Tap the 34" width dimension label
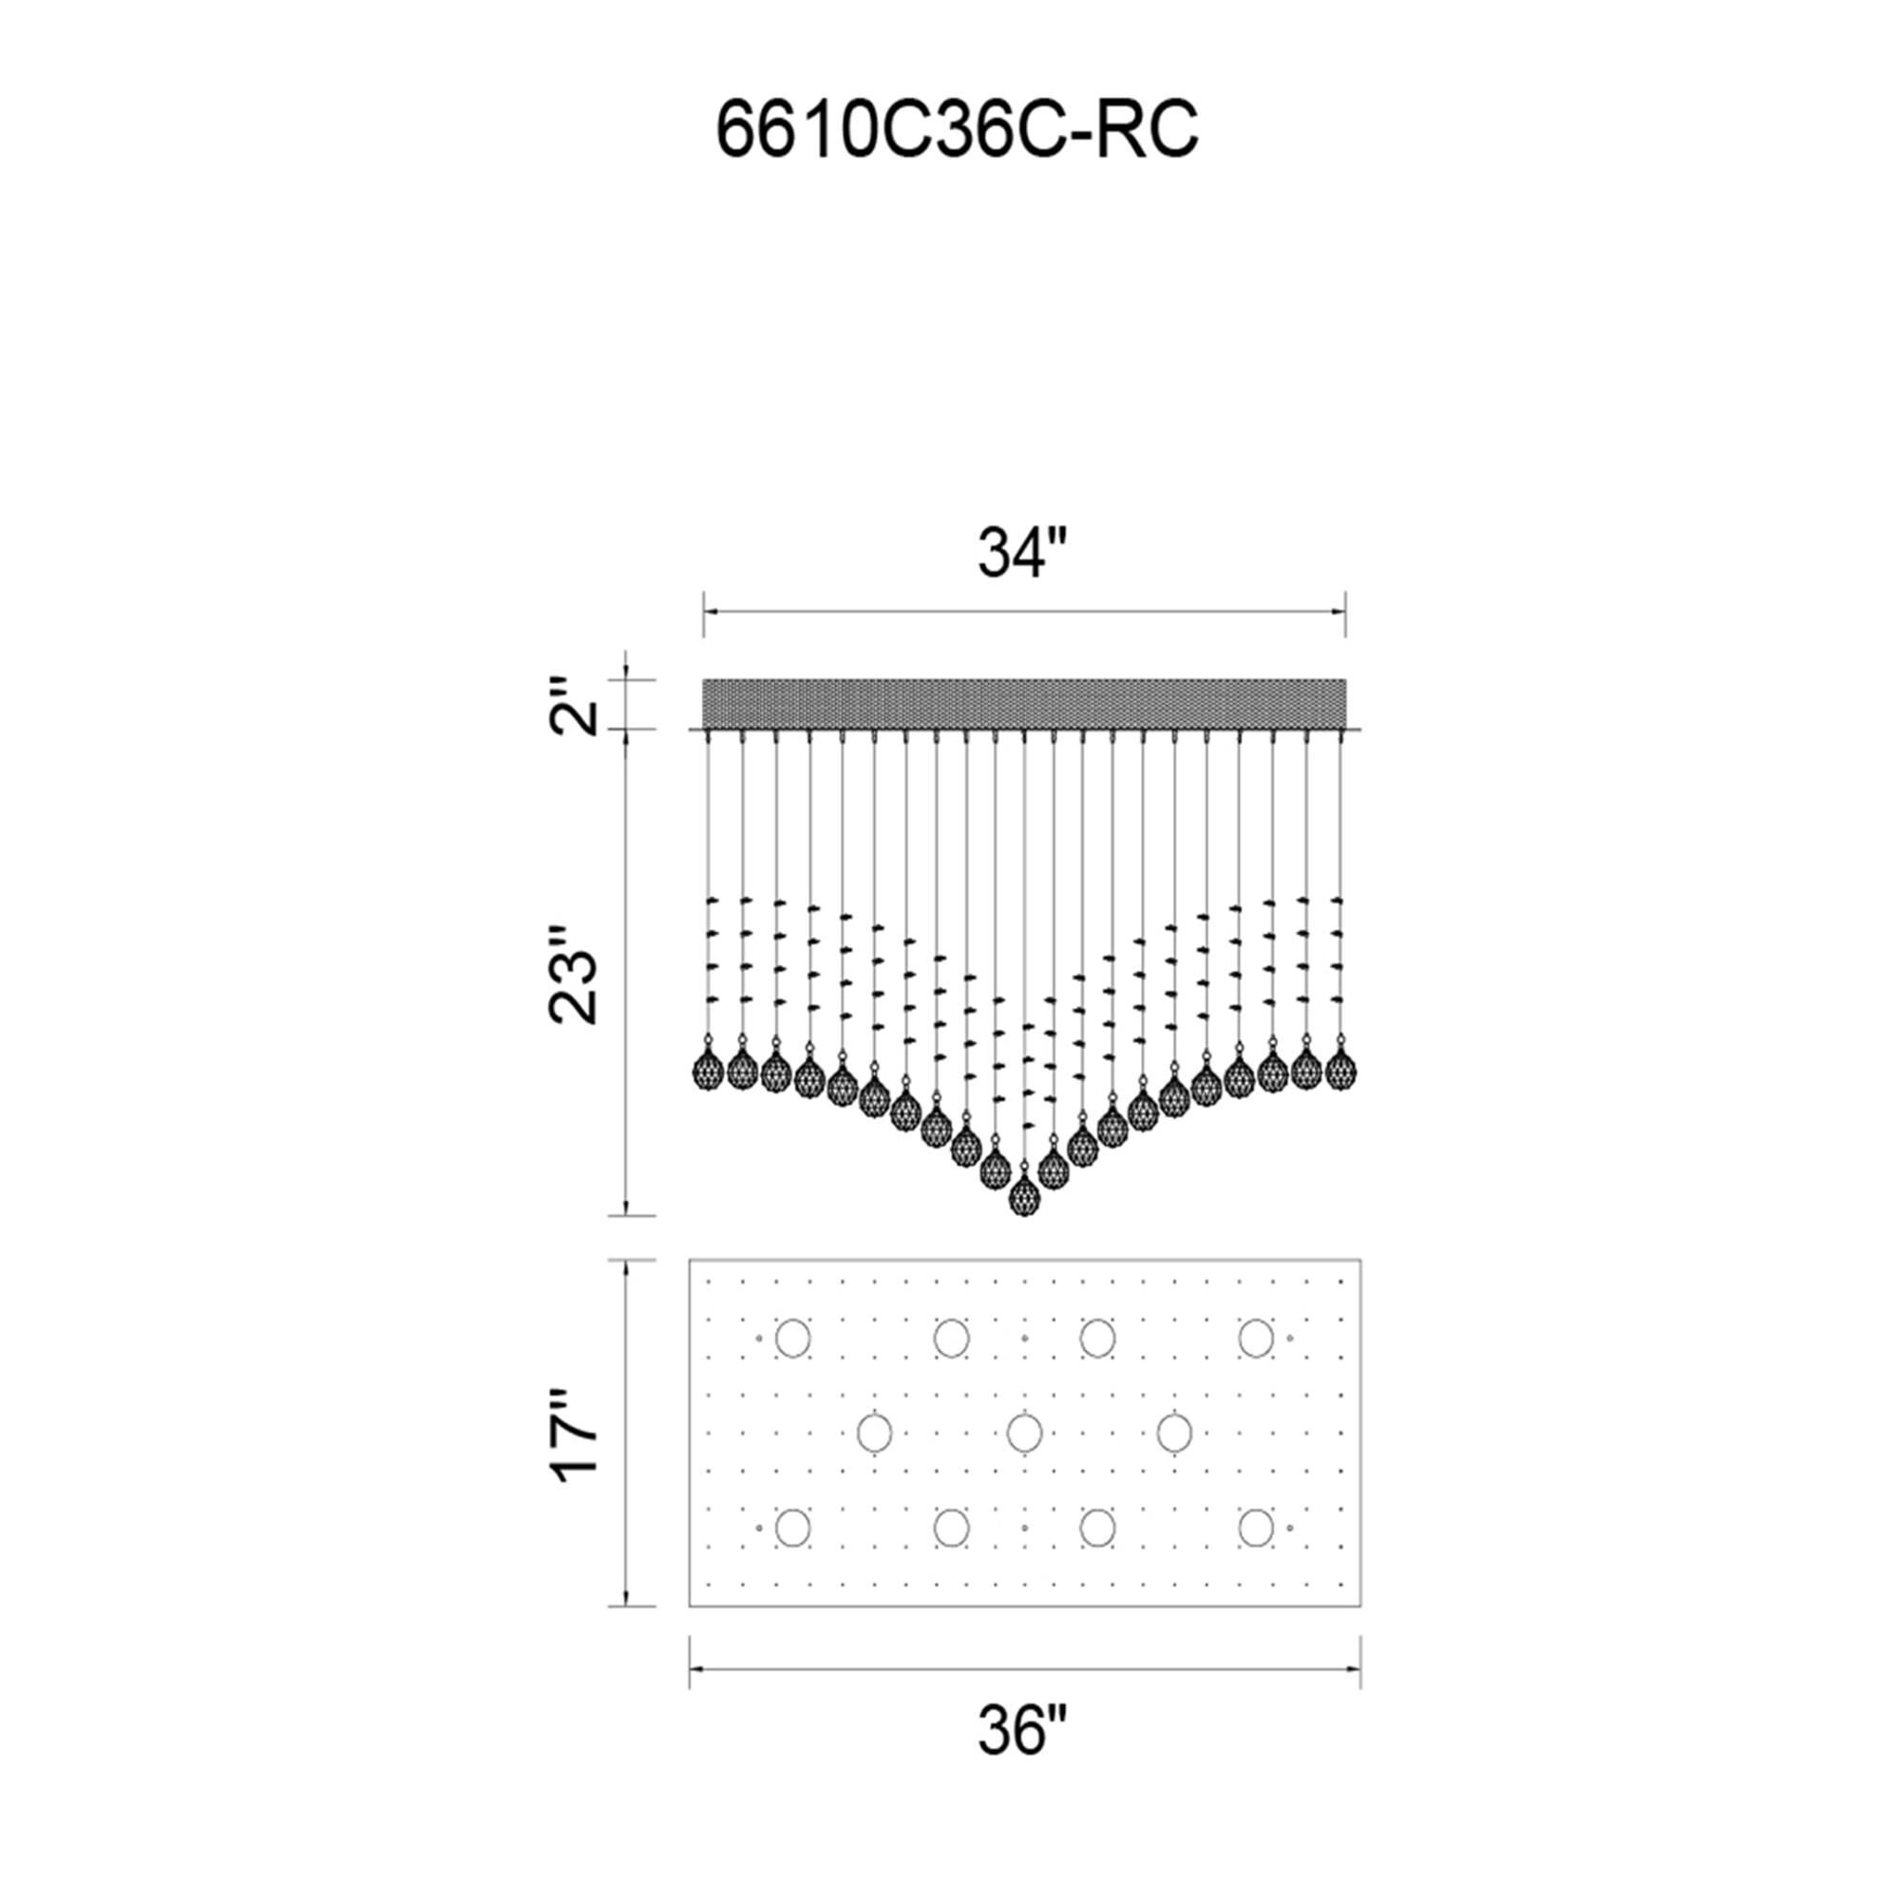coord(1022,555)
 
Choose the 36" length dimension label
coord(1022,1757)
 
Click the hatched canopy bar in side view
coord(1024,703)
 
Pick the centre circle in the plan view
coord(1024,1433)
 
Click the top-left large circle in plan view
coord(792,1338)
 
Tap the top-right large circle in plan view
coord(1255,1338)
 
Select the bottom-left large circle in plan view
coord(792,1529)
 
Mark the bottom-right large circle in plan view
coord(1255,1529)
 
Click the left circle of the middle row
coord(874,1433)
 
